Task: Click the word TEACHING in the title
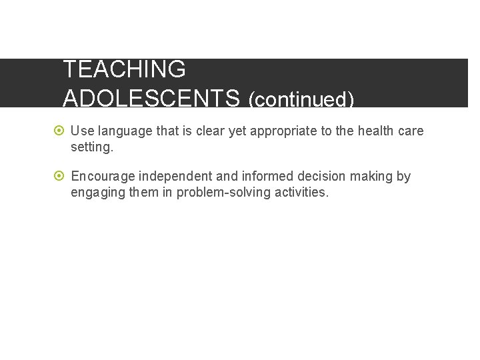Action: point(124,69)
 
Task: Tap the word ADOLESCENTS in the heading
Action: point(151,99)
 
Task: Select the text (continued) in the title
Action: point(301,100)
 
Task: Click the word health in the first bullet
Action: point(375,131)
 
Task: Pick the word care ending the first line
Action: point(411,131)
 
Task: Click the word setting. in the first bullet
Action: point(92,147)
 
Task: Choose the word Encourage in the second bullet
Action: point(103,177)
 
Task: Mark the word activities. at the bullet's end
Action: point(301,193)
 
